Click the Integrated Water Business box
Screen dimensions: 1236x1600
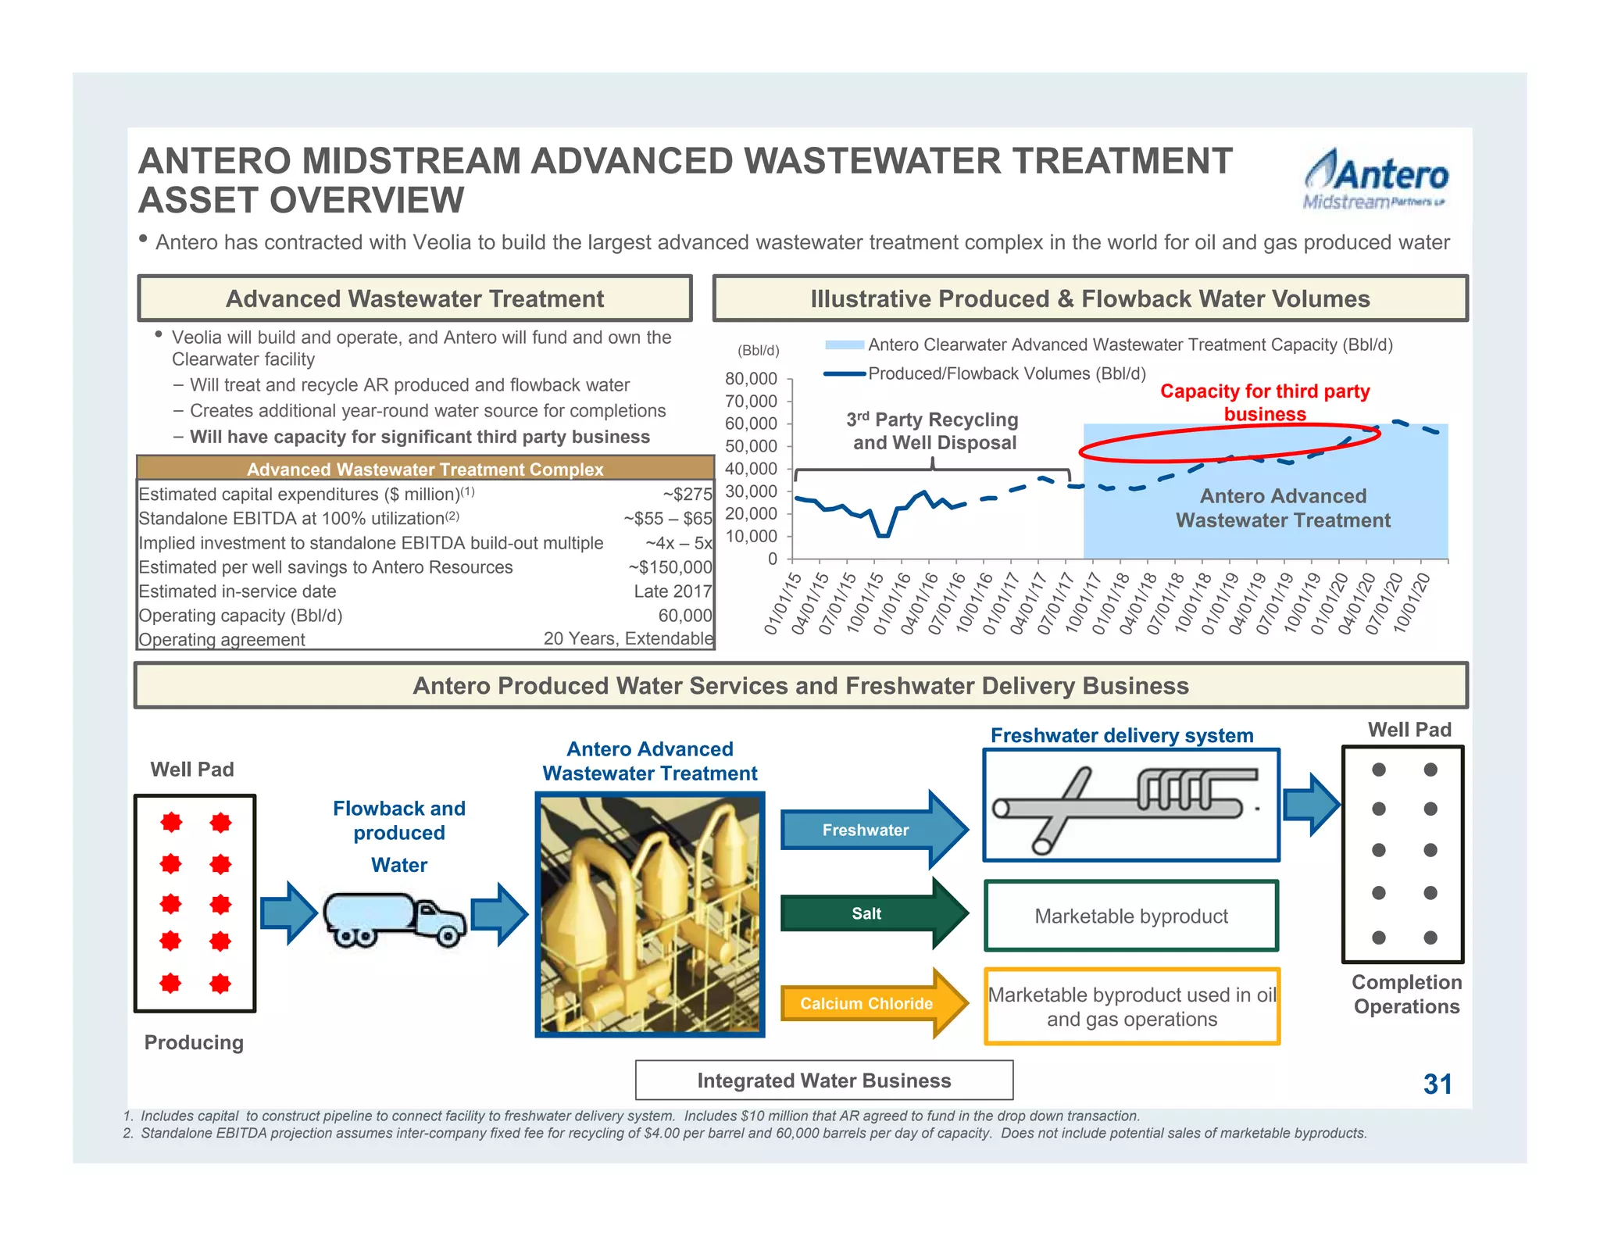(824, 1081)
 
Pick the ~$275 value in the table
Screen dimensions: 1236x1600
(687, 495)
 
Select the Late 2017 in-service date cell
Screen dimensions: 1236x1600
(673, 591)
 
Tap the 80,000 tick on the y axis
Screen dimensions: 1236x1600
(751, 379)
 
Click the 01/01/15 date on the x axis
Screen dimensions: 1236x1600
(782, 604)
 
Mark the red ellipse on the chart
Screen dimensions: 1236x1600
(1229, 443)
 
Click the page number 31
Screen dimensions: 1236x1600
(1437, 1084)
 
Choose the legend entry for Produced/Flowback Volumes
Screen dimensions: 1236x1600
(1006, 374)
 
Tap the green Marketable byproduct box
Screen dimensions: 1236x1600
(1131, 916)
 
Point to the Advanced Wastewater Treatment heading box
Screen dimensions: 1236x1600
(415, 298)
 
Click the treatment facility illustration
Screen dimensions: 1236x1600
(649, 915)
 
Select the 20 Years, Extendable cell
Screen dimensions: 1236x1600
(628, 639)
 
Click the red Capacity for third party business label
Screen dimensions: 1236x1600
(1264, 402)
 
